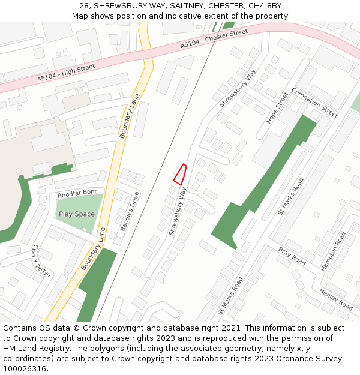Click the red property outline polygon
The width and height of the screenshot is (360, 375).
pyautogui.click(x=180, y=174)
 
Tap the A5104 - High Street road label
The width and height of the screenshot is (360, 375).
pyautogui.click(x=66, y=73)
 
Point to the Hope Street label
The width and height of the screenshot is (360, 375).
pyautogui.click(x=278, y=108)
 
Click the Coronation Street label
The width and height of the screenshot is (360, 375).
pyautogui.click(x=314, y=102)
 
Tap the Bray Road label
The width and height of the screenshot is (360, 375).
pyautogui.click(x=292, y=256)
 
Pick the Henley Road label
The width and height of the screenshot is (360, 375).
pyautogui.click(x=336, y=298)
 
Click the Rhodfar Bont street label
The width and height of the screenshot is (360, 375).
pyautogui.click(x=77, y=193)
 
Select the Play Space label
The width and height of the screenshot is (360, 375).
pyautogui.click(x=77, y=214)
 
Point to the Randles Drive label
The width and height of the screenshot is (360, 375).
pyautogui.click(x=130, y=211)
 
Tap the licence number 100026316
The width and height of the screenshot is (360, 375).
pyautogui.click(x=25, y=368)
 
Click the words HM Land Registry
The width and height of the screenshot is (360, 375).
pyautogui.click(x=30, y=349)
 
